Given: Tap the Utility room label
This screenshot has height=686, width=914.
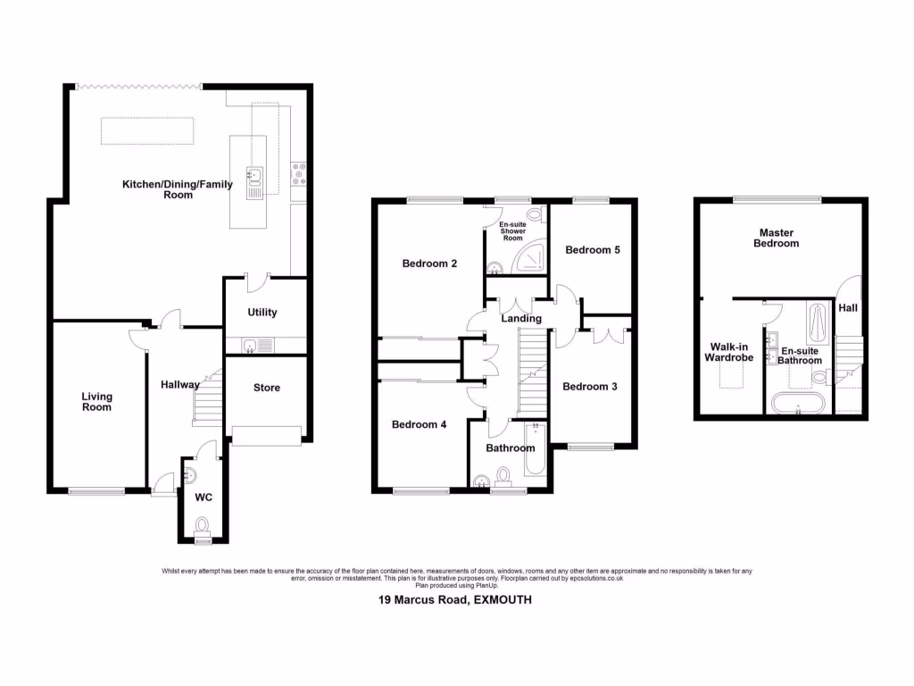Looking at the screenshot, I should [x=262, y=313].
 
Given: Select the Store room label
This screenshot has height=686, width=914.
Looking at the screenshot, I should [x=266, y=388].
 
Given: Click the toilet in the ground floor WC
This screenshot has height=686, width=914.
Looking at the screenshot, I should [x=203, y=526].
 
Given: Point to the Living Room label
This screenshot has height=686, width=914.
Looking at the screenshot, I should [x=96, y=402].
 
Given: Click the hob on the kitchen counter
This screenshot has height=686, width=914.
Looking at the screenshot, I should [x=299, y=174].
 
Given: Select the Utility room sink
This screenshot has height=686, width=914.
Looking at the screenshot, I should [x=251, y=345].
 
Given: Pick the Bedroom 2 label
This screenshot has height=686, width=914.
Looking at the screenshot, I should [x=429, y=264].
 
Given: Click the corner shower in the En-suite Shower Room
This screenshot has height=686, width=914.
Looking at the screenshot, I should [x=533, y=260].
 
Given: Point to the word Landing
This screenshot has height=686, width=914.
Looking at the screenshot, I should [x=521, y=319].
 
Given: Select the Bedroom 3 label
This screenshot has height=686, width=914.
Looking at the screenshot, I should [x=589, y=387].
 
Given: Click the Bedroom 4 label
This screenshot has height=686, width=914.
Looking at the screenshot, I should [x=419, y=425].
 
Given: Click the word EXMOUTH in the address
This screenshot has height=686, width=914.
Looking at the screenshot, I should [x=503, y=601].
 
